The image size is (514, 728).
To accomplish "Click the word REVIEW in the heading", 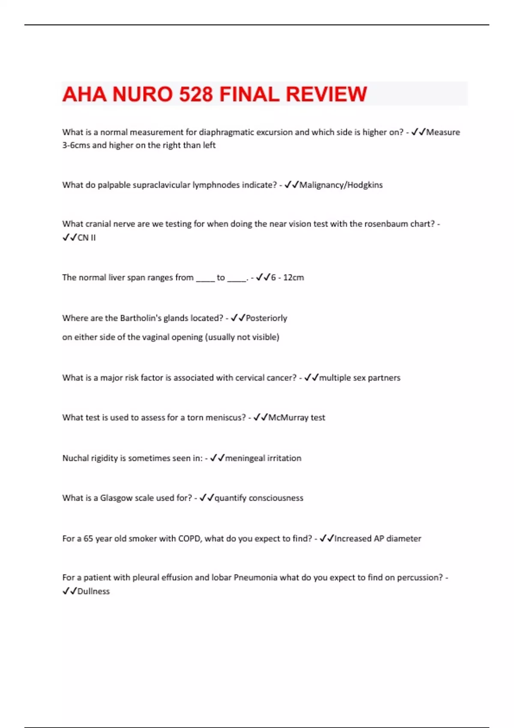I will pyautogui.click(x=326, y=94).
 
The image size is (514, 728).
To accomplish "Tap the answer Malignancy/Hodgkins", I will pyautogui.click(x=341, y=185).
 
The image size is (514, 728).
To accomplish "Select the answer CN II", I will pyautogui.click(x=87, y=238).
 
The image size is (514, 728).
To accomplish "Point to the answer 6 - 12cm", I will pyautogui.click(x=287, y=277).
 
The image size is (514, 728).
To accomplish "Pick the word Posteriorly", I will pyautogui.click(x=266, y=318).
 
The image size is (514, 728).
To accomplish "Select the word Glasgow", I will pyautogui.click(x=116, y=498).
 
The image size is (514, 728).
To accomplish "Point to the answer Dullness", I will pyautogui.click(x=93, y=591).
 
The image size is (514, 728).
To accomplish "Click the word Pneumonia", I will pyautogui.click(x=255, y=578).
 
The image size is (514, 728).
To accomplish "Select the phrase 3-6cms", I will pyautogui.click(x=76, y=145).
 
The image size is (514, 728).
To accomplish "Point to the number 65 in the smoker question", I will pyautogui.click(x=88, y=539).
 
